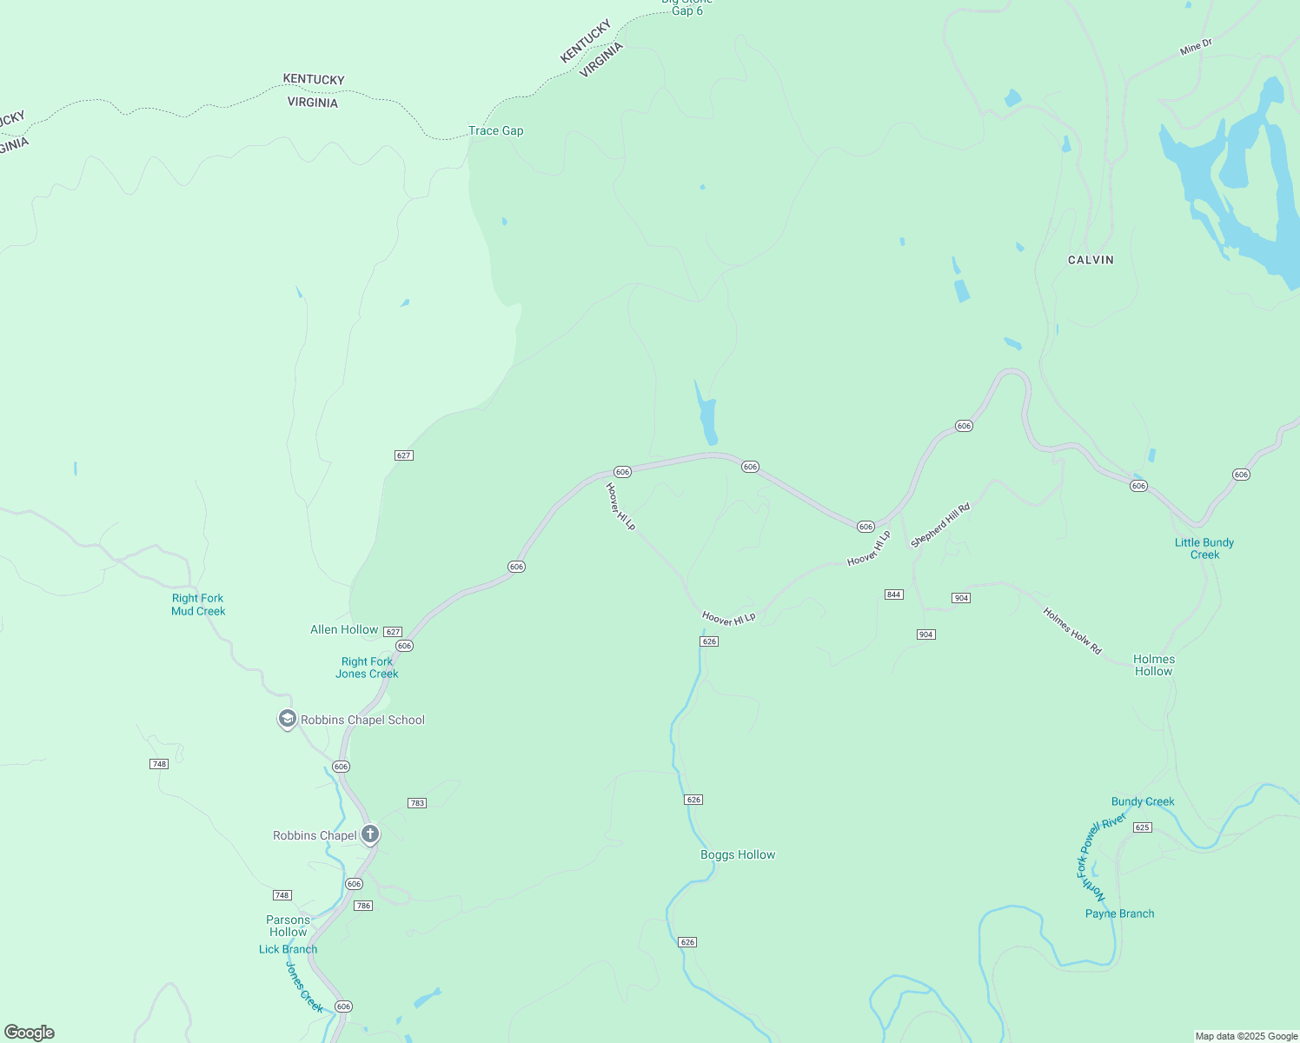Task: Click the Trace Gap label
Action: pyautogui.click(x=495, y=131)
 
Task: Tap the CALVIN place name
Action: pyautogui.click(x=1091, y=260)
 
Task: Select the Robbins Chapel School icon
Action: pyautogui.click(x=287, y=720)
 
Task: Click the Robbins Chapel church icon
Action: pyautogui.click(x=370, y=835)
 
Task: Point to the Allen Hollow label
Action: pyautogui.click(x=344, y=629)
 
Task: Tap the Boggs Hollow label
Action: pyautogui.click(x=738, y=855)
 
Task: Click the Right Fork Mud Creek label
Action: pyautogui.click(x=198, y=605)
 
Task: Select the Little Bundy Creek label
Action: pyautogui.click(x=1204, y=548)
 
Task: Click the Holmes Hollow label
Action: pyautogui.click(x=1154, y=666)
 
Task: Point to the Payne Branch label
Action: pyautogui.click(x=1120, y=914)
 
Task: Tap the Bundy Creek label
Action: pyautogui.click(x=1143, y=802)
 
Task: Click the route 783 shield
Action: pyautogui.click(x=417, y=803)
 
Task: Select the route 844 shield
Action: pyautogui.click(x=894, y=595)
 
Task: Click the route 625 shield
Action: pyautogui.click(x=1143, y=827)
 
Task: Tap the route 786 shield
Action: pyautogui.click(x=363, y=906)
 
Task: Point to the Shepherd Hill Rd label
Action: pyautogui.click(x=939, y=526)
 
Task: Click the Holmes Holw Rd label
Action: pyautogui.click(x=1072, y=631)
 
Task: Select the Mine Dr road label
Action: pyautogui.click(x=1196, y=47)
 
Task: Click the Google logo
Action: pyautogui.click(x=30, y=1033)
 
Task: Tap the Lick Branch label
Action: pyautogui.click(x=288, y=950)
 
